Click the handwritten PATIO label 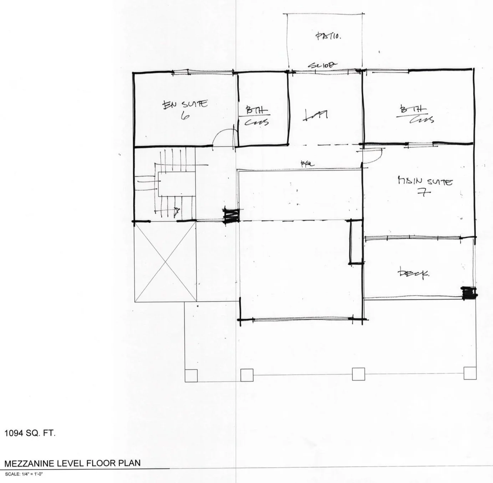(x=329, y=36)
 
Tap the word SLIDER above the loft (x=322, y=65)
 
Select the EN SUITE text (x=185, y=105)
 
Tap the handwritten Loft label (x=315, y=115)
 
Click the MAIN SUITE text (x=425, y=181)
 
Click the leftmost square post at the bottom (x=191, y=375)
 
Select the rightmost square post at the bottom (x=470, y=373)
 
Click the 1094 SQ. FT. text (x=30, y=433)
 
